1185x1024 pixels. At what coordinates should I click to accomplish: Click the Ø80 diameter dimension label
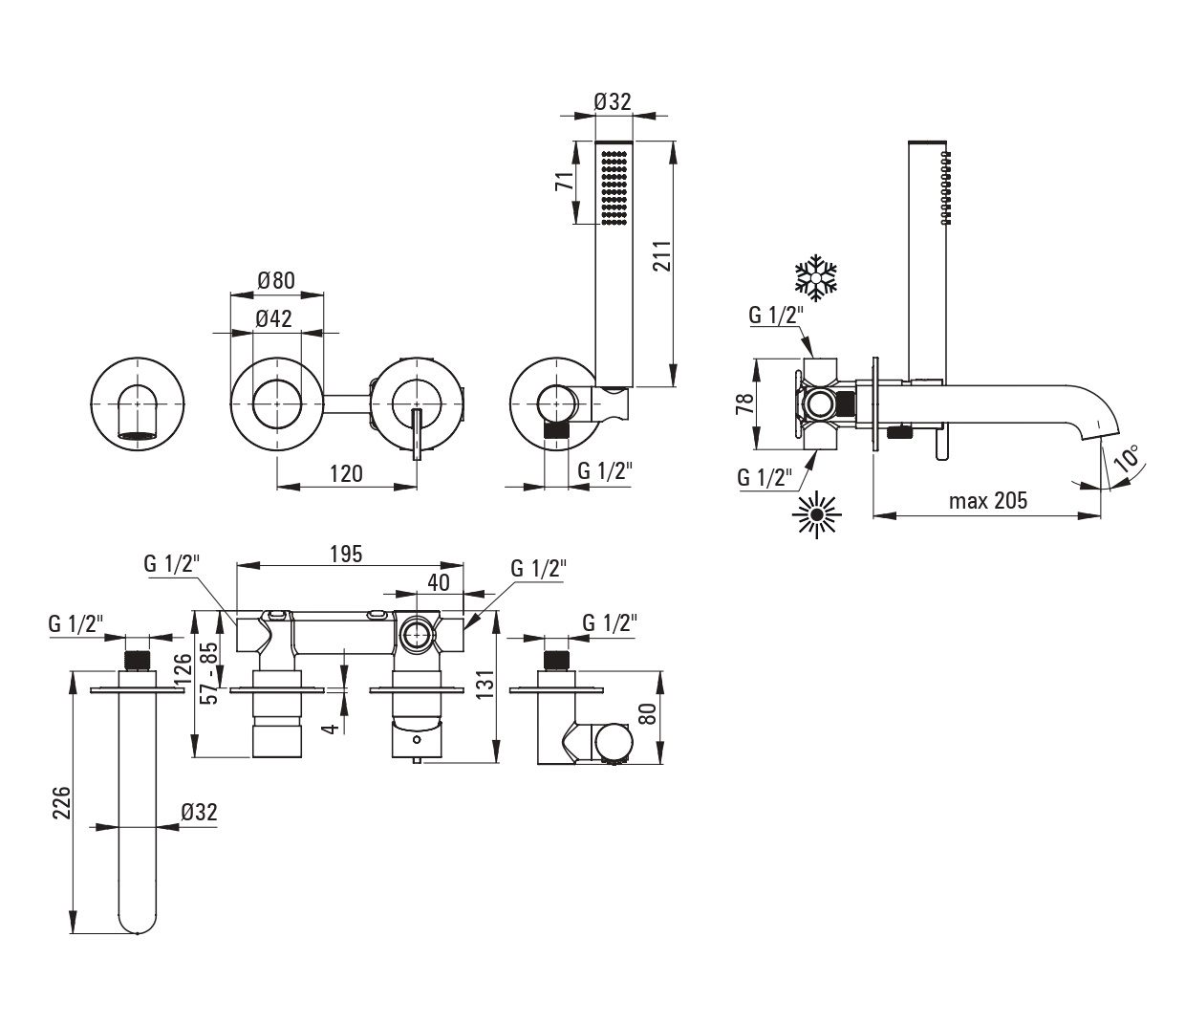click(276, 281)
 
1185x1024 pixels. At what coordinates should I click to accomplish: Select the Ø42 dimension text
click(273, 319)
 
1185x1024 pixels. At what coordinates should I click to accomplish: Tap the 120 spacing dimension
click(346, 473)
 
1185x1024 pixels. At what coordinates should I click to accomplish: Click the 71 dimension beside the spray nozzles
click(566, 183)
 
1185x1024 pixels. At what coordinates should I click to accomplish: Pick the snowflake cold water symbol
click(817, 274)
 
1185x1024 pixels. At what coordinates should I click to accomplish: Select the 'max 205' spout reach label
click(987, 500)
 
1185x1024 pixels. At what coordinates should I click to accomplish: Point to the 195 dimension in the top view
click(346, 553)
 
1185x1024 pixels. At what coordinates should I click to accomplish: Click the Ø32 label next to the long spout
click(199, 812)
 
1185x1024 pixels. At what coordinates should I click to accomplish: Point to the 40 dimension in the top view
click(440, 581)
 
